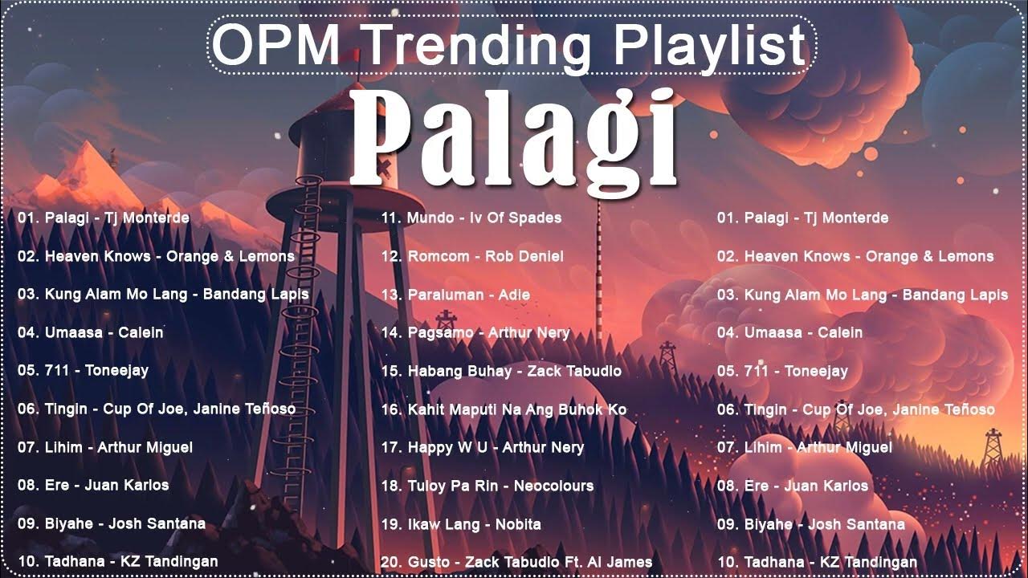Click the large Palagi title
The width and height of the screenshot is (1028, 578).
[x=514, y=136]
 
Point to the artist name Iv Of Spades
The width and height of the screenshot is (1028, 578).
[x=516, y=218]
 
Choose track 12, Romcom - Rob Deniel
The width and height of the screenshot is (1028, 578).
[x=472, y=256]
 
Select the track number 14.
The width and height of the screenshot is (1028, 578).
[x=391, y=332]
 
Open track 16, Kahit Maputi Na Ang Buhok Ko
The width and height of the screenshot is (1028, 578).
[x=504, y=409]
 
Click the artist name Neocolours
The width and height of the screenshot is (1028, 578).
[x=554, y=486]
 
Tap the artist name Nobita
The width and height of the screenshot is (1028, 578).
[x=519, y=524]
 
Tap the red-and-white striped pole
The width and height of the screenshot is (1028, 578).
[x=598, y=265]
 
